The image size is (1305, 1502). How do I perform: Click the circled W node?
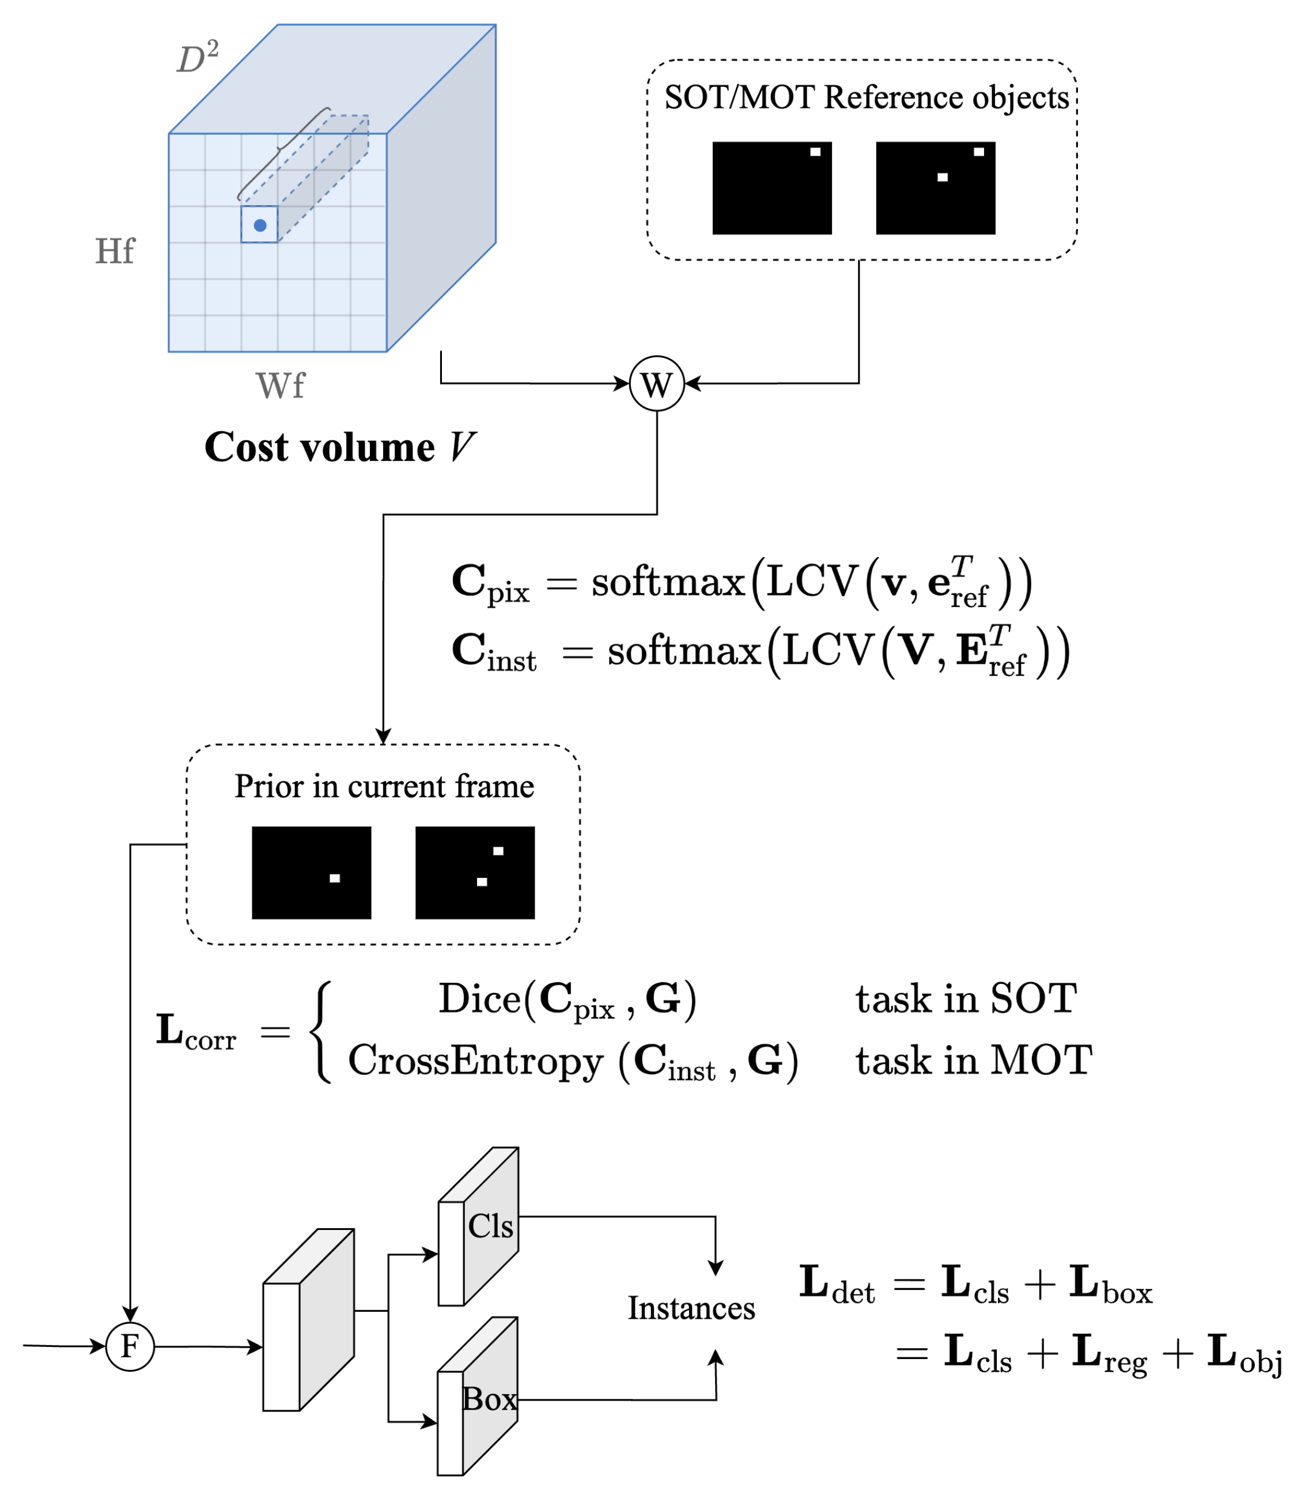pos(656,383)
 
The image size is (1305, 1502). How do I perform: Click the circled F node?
pos(130,1346)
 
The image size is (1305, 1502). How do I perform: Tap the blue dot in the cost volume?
pos(260,225)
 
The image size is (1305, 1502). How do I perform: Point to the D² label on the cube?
pos(198,57)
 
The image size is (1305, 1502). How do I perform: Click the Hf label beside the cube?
pos(114,251)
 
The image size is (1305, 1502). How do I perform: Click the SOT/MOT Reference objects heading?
pos(866,97)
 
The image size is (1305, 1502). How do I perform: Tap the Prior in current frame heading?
pos(384,786)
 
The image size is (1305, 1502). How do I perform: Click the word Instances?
pos(691,1308)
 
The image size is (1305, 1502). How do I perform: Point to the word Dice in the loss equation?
pos(480,999)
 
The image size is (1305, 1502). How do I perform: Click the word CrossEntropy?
pos(475,1061)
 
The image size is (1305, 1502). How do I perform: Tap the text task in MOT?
pos(974,1060)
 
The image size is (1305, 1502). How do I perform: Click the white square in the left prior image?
pos(334,878)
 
